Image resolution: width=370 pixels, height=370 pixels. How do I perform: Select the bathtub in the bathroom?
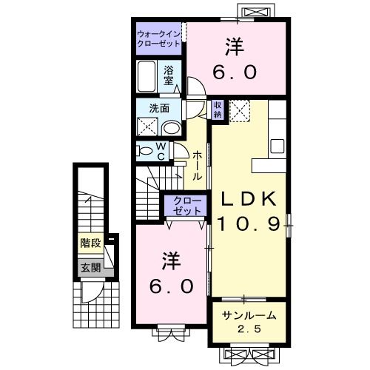147,75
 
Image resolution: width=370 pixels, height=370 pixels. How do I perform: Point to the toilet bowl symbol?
144,150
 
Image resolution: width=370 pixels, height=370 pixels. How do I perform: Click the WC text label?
161,150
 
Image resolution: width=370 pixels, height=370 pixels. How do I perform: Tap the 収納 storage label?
218,110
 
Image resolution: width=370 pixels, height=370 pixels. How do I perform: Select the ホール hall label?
198,166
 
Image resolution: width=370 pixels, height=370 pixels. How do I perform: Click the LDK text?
248,198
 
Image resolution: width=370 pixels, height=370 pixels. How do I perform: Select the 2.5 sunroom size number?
249,329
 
